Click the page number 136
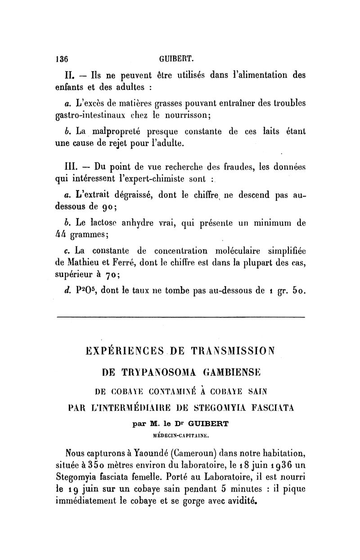point(61,58)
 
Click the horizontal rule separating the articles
point(180,317)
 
